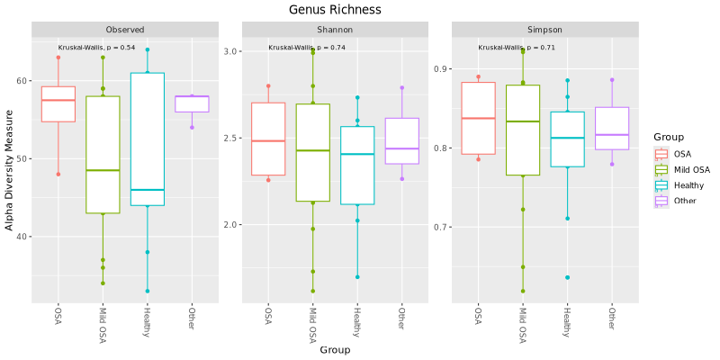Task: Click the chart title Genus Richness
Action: click(335, 10)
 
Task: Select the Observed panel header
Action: click(124, 30)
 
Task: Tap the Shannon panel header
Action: click(334, 30)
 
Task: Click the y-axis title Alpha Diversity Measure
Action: click(10, 169)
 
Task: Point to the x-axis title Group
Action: click(334, 349)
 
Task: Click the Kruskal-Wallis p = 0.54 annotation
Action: click(96, 47)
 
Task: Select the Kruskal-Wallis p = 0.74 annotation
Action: click(307, 48)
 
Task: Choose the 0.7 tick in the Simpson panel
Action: click(442, 227)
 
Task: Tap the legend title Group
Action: click(669, 137)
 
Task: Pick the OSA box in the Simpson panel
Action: click(479, 118)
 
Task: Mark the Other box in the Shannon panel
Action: click(401, 141)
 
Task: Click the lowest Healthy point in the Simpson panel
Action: click(567, 277)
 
